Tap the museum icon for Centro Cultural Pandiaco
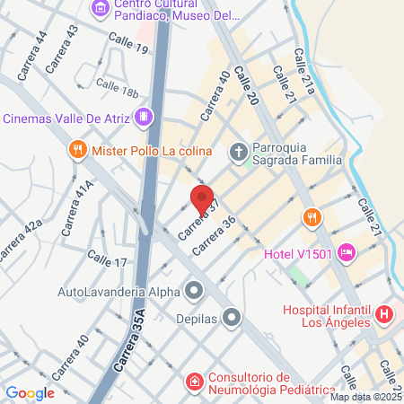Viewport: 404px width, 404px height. pyautogui.click(x=100, y=10)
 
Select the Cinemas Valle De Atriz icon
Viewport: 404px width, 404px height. pyautogui.click(x=143, y=118)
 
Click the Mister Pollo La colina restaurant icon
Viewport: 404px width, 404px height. pyautogui.click(x=78, y=151)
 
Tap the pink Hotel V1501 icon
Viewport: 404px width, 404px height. pyautogui.click(x=347, y=253)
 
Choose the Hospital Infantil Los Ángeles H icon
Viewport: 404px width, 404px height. pyautogui.click(x=384, y=314)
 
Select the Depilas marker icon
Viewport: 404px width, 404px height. pyautogui.click(x=232, y=316)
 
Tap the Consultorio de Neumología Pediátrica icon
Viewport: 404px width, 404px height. pyautogui.click(x=194, y=383)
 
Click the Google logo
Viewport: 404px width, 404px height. pyautogui.click(x=30, y=392)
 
